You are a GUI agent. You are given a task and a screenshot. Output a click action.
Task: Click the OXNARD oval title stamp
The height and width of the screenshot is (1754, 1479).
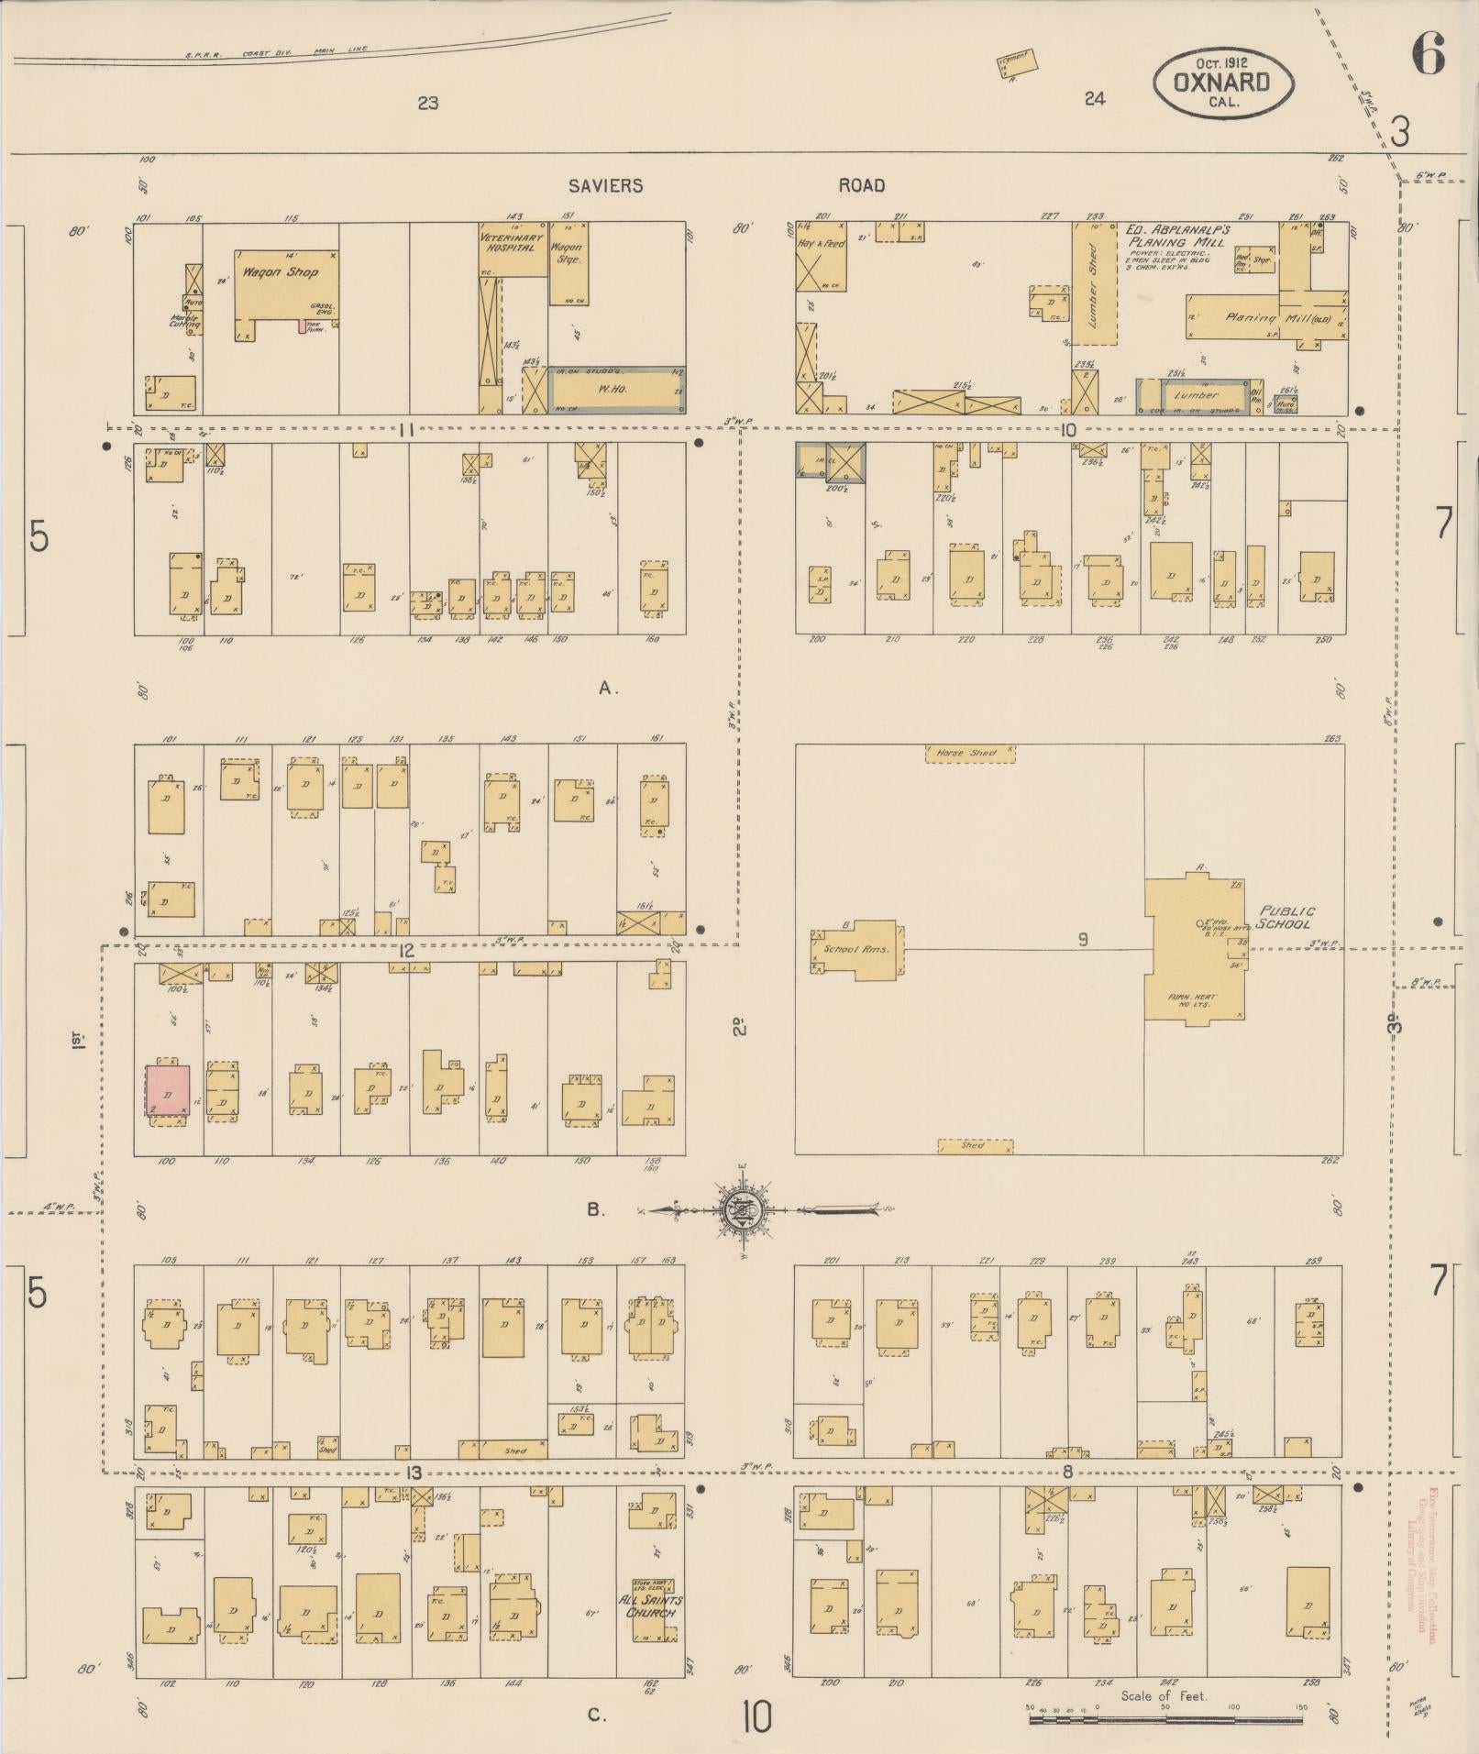(x=1223, y=82)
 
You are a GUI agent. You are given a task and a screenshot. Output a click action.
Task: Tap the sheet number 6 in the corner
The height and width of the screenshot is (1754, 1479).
(x=1429, y=53)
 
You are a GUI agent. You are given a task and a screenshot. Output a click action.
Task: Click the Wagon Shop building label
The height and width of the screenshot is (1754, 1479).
(x=280, y=272)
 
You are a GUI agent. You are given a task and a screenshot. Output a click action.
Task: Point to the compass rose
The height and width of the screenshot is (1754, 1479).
(x=739, y=1210)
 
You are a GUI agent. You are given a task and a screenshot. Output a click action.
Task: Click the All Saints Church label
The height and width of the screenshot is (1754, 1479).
(x=650, y=1605)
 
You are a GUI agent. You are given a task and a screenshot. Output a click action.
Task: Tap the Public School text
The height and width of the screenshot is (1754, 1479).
(x=1286, y=917)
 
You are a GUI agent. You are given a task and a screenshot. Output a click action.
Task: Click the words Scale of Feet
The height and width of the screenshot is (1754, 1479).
(x=1164, y=1696)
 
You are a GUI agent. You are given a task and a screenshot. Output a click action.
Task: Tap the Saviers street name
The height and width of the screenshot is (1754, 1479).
(x=605, y=186)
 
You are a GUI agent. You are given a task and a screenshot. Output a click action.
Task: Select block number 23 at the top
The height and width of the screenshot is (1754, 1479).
(x=427, y=103)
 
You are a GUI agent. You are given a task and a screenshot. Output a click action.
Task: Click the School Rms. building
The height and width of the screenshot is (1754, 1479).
(x=855, y=949)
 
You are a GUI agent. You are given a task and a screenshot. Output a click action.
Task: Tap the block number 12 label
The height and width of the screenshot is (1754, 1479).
(x=406, y=951)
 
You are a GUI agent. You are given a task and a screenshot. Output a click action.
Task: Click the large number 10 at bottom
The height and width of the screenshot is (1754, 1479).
(x=757, y=1717)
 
